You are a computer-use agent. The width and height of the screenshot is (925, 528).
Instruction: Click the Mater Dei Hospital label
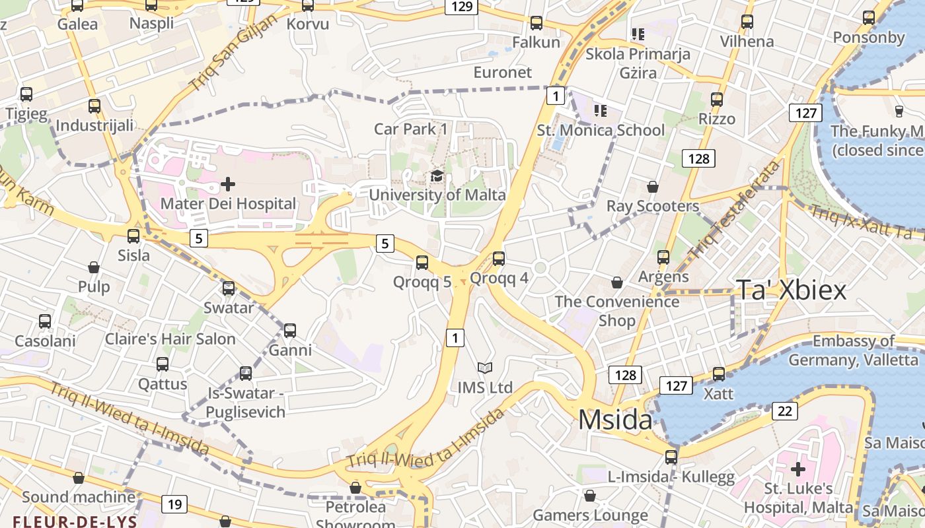point(228,203)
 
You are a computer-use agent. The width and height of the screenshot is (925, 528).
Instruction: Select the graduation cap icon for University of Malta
point(437,176)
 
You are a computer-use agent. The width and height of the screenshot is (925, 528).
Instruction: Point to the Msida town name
point(615,420)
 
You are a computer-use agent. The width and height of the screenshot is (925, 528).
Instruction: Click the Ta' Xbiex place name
point(791,290)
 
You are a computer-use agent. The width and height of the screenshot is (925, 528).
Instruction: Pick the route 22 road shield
point(784,411)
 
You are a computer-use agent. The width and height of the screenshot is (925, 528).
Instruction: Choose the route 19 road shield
point(174,505)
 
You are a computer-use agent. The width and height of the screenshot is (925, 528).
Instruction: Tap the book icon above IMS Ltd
point(485,368)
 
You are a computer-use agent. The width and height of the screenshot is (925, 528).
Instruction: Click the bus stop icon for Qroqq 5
point(422,262)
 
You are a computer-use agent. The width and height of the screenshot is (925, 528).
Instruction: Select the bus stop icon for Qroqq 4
point(499,258)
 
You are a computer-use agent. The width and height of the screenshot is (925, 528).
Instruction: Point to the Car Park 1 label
point(410,129)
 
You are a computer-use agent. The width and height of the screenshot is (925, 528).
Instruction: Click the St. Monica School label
point(601,130)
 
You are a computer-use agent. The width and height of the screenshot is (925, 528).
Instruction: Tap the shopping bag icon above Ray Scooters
point(653,187)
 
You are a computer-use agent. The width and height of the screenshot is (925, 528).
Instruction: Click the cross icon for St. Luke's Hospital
point(798,469)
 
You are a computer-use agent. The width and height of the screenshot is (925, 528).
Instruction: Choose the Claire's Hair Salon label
point(170,339)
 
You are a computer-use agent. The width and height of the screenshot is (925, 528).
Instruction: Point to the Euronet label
point(503,72)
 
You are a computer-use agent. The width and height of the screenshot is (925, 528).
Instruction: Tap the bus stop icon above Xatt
point(719,374)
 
